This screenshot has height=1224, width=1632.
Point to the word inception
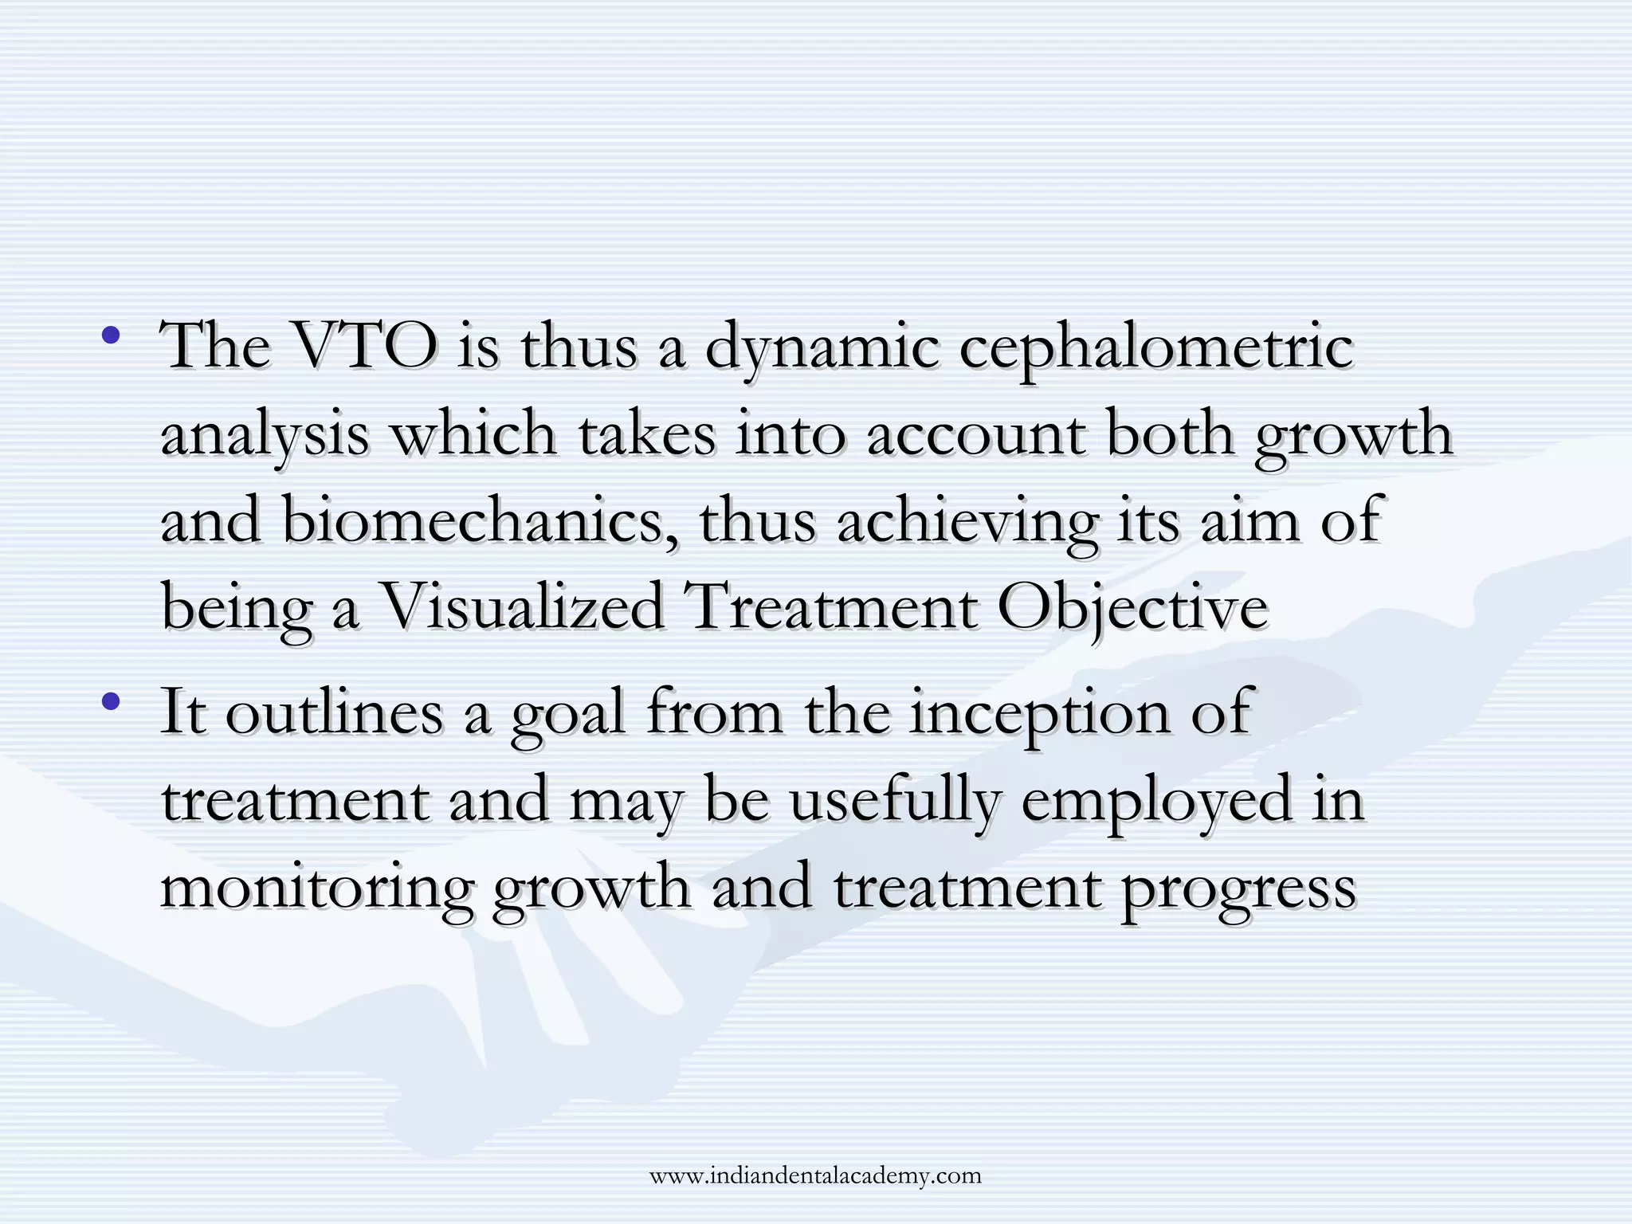pyautogui.click(x=1039, y=713)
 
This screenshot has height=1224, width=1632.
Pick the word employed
pyautogui.click(x=1156, y=801)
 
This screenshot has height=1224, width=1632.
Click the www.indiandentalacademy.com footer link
pyautogui.click(x=815, y=1175)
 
